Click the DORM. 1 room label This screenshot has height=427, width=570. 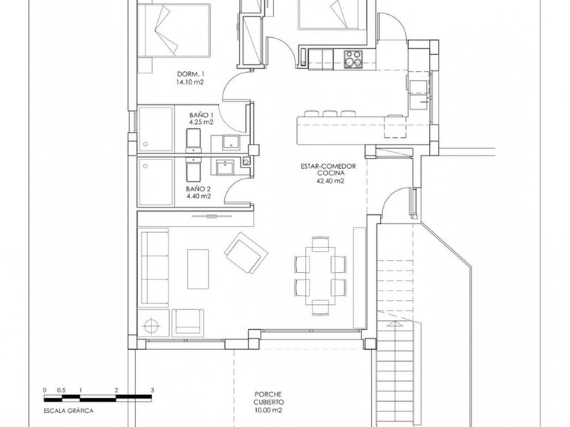(x=191, y=73)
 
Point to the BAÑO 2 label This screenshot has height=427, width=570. (x=197, y=188)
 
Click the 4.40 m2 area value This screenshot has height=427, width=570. (x=197, y=196)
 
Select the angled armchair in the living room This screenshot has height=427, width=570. (x=244, y=253)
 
